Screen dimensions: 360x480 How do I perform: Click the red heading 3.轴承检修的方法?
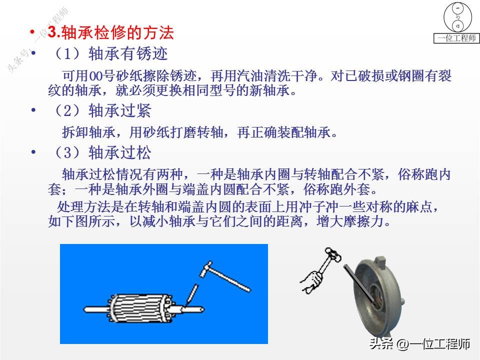[x=110, y=33]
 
